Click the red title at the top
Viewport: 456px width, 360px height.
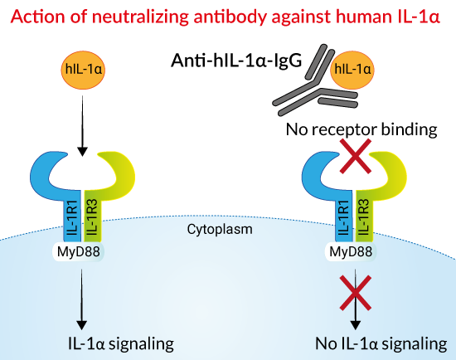tap(226, 16)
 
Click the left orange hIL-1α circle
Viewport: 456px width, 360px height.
tap(83, 70)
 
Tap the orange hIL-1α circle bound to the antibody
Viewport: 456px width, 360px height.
tap(352, 70)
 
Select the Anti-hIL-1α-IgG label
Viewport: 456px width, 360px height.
tap(236, 61)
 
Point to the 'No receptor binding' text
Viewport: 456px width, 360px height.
tap(361, 129)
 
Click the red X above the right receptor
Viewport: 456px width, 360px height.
tap(356, 156)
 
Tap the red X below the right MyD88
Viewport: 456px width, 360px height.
tap(356, 293)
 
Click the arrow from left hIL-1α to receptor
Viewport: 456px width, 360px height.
tap(83, 126)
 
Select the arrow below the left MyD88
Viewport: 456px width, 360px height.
tap(81, 299)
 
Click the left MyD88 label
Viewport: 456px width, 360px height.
tap(79, 251)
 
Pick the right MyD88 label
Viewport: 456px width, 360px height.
tap(351, 251)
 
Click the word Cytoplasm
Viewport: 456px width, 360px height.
tap(220, 229)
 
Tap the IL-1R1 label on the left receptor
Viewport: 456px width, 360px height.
tap(72, 217)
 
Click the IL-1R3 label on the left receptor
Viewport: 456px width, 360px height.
tap(92, 217)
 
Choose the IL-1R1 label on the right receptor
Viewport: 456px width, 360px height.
tap(344, 217)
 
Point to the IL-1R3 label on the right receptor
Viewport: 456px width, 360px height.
tap(364, 217)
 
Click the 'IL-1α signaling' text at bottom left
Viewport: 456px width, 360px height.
tap(121, 343)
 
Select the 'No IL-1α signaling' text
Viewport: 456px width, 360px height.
tap(381, 343)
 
